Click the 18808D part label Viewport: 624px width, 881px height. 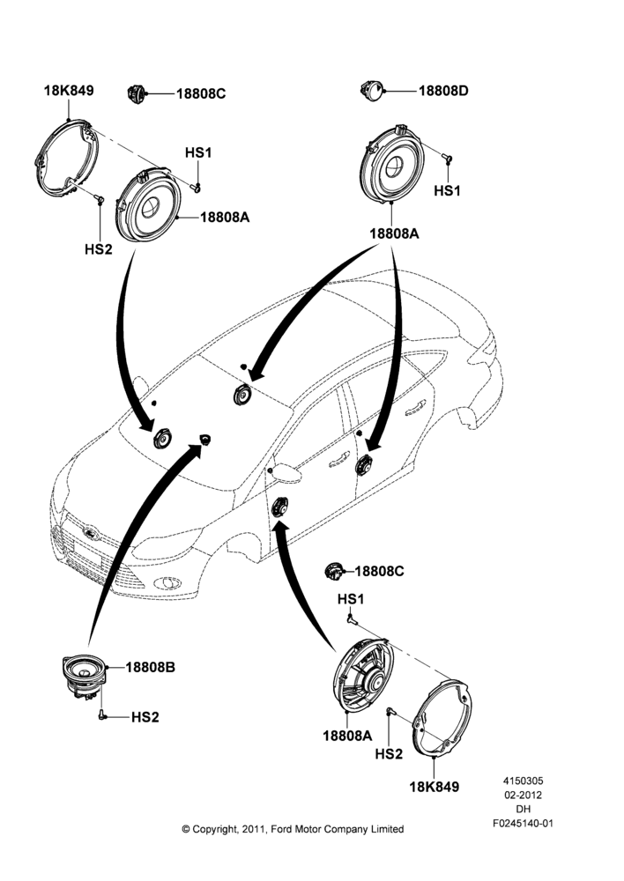pyautogui.click(x=443, y=91)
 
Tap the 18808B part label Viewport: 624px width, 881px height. pyautogui.click(x=150, y=667)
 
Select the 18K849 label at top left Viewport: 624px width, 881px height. pyautogui.click(x=69, y=91)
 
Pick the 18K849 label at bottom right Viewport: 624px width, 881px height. pyautogui.click(x=434, y=787)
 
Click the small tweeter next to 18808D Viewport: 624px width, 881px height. pyautogui.click(x=372, y=91)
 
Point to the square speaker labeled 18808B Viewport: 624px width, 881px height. pyautogui.click(x=83, y=677)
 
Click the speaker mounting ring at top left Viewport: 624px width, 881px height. pyautogui.click(x=66, y=159)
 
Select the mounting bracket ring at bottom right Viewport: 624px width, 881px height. pyautogui.click(x=442, y=718)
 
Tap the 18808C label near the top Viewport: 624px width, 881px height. pyautogui.click(x=201, y=94)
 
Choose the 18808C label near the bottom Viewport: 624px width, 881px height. pyautogui.click(x=379, y=572)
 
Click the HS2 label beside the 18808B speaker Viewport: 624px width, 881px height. pyautogui.click(x=145, y=717)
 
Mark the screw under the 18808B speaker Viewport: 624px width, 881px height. pyautogui.click(x=101, y=714)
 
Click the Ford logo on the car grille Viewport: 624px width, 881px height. pyautogui.click(x=90, y=533)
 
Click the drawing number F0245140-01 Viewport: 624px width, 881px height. pyautogui.click(x=523, y=823)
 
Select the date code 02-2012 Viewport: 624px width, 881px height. pyautogui.click(x=523, y=795)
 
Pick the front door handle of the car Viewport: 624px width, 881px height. pyautogui.click(x=339, y=461)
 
